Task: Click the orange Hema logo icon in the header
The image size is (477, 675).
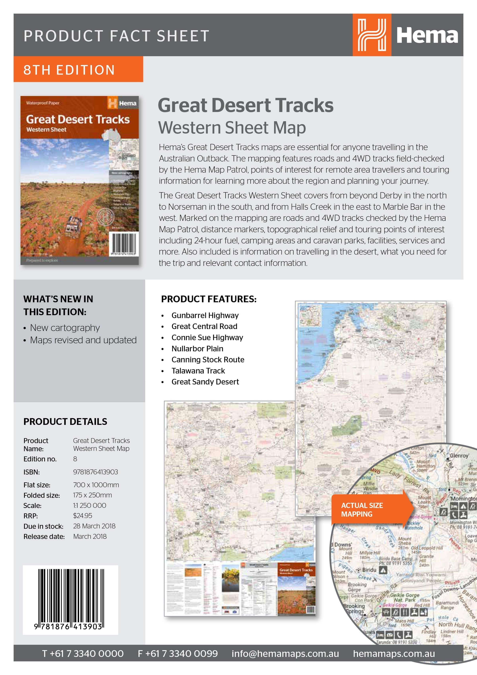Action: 372,35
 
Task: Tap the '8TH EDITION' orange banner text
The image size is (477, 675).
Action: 69,70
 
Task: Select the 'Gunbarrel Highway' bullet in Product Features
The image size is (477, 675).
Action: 205,316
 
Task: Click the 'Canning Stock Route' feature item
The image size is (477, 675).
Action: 208,359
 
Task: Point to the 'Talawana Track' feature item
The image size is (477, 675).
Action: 198,371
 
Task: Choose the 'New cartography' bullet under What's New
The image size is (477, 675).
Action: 65,327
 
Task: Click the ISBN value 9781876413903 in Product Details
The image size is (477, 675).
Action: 96,472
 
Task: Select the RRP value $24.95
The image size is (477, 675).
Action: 83,515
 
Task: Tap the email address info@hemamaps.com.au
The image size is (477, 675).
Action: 285,653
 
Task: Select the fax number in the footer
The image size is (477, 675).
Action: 178,653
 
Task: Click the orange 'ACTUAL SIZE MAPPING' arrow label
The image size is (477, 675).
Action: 367,510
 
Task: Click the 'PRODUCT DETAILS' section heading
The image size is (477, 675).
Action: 65,422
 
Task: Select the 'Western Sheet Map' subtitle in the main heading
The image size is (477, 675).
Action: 232,128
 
